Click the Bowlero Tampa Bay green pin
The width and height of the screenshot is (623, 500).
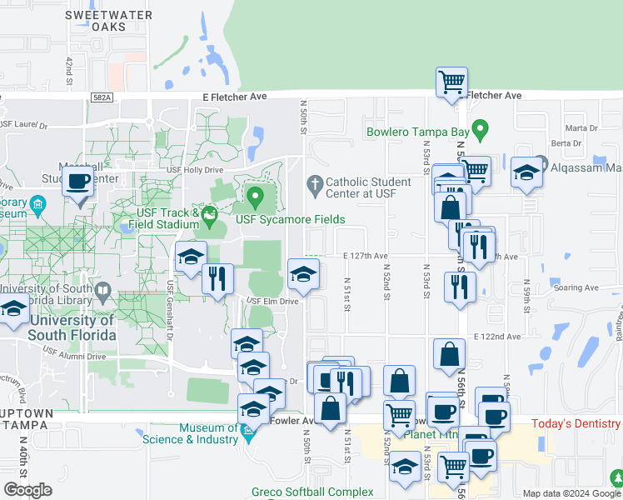coord(480,129)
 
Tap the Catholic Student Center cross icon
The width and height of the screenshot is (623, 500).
coord(315,182)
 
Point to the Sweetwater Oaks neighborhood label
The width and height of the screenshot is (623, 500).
coord(108,21)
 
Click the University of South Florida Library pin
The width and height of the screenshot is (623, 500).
coord(103,292)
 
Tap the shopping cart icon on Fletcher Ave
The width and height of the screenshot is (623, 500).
coord(452,82)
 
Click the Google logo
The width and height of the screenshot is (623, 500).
coord(27,489)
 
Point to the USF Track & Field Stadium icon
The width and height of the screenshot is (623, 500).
coord(209,220)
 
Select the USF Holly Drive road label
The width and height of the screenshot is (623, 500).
coord(196,170)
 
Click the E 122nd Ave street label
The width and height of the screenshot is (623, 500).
coord(497,336)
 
